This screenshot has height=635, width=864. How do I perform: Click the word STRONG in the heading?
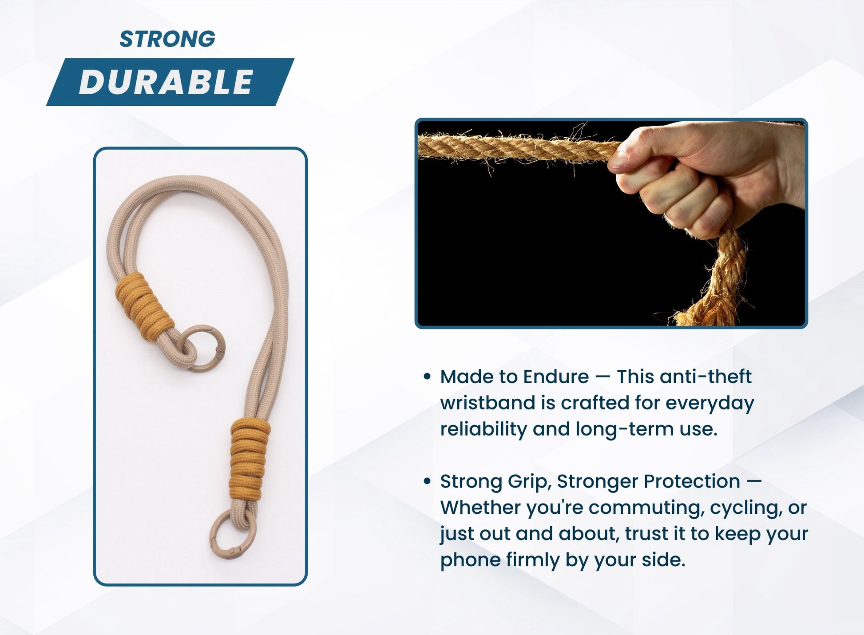(x=167, y=39)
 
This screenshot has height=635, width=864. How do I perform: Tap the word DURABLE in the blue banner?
(x=166, y=82)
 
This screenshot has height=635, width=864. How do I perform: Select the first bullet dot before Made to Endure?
(x=427, y=377)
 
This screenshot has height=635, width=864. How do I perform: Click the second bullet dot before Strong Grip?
(x=427, y=481)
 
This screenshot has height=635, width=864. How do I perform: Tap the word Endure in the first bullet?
(x=556, y=377)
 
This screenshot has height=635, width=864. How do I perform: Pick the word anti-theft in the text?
(x=705, y=377)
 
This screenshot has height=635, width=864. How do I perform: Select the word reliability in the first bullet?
(x=483, y=429)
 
